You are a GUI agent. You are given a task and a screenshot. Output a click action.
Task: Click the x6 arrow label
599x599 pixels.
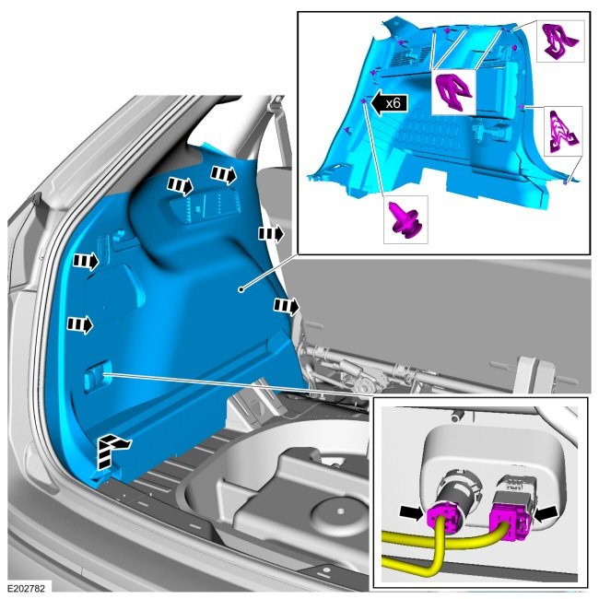390,103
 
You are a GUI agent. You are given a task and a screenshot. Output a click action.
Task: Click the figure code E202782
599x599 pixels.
26,588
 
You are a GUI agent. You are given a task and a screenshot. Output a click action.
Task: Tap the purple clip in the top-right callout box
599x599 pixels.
561,41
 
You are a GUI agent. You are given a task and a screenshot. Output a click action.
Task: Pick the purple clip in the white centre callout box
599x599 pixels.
453,92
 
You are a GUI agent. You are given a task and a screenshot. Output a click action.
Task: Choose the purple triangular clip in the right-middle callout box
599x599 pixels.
564,131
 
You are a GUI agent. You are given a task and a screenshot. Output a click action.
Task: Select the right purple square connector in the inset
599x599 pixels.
511,522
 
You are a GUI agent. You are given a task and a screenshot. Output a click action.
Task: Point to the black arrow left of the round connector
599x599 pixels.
410,512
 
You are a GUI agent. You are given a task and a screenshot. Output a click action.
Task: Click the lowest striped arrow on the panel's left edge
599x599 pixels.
80,325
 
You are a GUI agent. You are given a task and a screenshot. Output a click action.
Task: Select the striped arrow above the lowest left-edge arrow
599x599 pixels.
87,262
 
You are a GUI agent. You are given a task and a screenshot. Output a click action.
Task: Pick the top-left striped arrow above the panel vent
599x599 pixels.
181,186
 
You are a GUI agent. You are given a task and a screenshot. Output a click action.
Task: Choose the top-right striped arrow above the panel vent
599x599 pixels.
224,175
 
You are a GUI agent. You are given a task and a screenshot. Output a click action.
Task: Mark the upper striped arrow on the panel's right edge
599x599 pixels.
272,233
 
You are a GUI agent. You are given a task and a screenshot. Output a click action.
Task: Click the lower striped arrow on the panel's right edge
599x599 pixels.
287,306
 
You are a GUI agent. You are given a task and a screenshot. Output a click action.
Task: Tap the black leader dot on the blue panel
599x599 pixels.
241,289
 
